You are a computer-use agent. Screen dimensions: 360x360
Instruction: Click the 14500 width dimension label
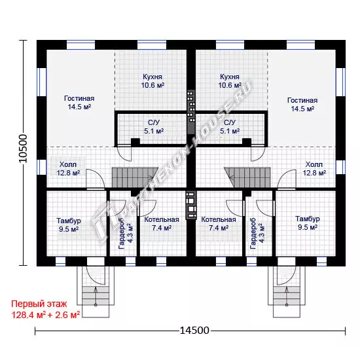194,331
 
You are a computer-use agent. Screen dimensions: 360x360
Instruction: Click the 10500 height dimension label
23,149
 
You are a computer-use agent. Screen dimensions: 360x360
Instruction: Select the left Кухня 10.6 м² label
153,81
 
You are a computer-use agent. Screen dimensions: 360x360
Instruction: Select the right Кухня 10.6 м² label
230,81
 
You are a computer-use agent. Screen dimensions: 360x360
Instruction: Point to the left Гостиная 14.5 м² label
79,102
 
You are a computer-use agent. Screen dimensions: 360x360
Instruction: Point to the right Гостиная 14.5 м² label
302,105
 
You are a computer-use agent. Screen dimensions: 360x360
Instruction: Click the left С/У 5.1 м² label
154,127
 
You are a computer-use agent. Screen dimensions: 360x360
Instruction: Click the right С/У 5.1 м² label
230,127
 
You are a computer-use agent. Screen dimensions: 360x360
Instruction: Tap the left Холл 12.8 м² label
68,168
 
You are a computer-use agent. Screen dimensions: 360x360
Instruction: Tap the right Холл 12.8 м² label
314,168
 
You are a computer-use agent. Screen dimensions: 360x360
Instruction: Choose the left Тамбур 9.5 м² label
69,225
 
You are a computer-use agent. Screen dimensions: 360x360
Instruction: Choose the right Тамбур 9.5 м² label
308,223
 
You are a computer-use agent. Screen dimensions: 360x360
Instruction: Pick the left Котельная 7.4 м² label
162,224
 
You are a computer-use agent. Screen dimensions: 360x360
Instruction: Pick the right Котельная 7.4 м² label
219,224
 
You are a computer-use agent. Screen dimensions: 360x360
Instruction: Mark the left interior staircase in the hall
135,177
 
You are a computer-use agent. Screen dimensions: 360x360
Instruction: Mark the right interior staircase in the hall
247,177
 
